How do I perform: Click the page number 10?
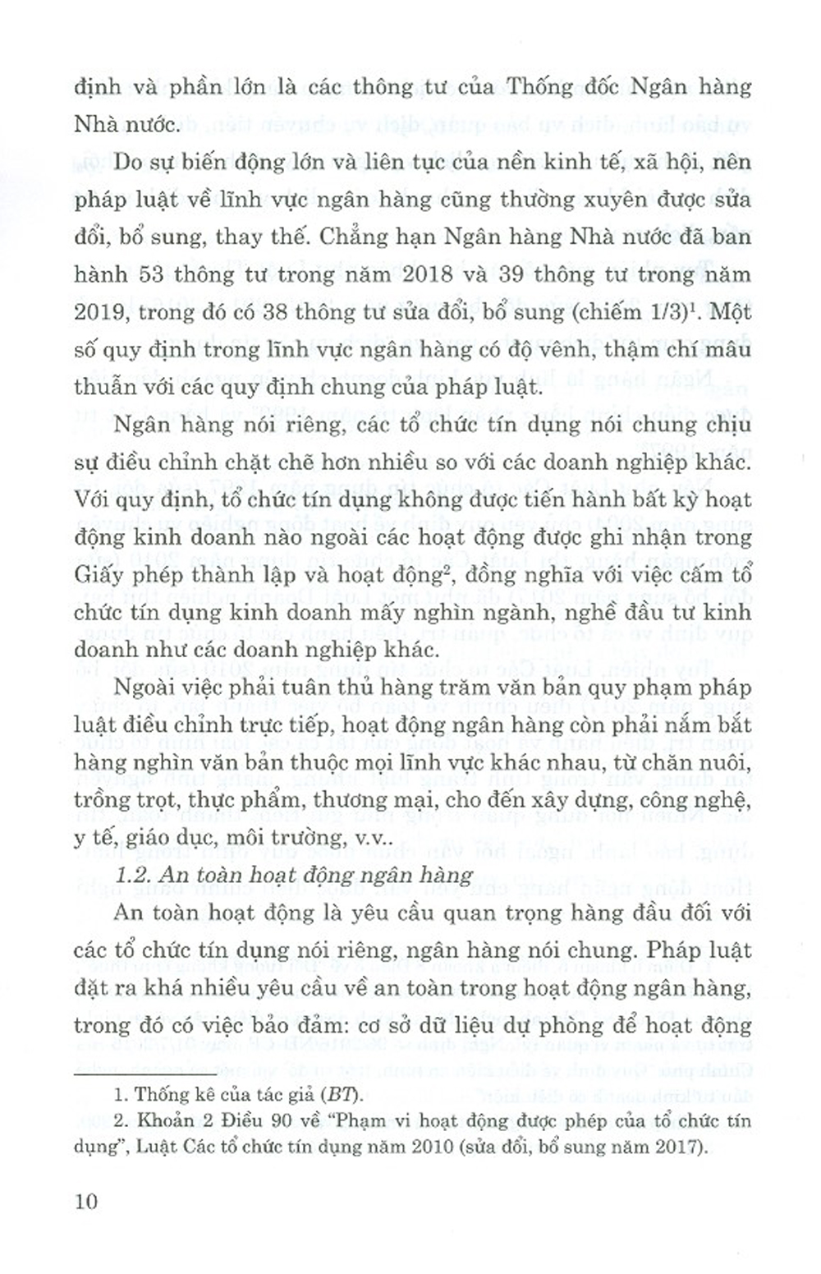pos(85,1201)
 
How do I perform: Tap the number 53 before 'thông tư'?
pos(151,274)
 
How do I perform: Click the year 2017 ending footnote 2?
pos(678,1148)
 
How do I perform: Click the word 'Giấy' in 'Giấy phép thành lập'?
pos(97,575)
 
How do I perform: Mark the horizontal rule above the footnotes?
pos(144,1074)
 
